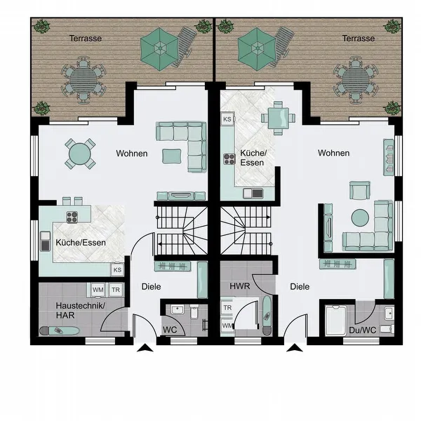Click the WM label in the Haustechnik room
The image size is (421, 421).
click(98, 290)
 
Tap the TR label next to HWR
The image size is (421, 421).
click(227, 308)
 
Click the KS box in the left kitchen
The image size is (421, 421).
click(117, 270)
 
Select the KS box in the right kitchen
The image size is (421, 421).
click(227, 119)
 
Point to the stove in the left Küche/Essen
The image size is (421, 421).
click(72, 218)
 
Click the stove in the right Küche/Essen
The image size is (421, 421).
click(229, 159)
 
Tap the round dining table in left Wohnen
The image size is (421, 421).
click(80, 154)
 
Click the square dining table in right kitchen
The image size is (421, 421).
click(278, 118)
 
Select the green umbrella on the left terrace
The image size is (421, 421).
click(159, 49)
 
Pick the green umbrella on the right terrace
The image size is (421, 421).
click(257, 49)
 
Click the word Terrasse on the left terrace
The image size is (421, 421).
click(86, 39)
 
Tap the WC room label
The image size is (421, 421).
click(170, 330)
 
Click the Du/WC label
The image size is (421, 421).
click(363, 330)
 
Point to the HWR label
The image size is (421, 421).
click(240, 286)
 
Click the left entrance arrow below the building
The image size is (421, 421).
click(145, 348)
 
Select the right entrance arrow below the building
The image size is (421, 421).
click(295, 348)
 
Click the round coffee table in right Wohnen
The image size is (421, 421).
click(360, 218)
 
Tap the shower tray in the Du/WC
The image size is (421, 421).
click(336, 320)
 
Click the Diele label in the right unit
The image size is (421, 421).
click(300, 287)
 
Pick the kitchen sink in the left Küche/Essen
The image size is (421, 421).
click(45, 241)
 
